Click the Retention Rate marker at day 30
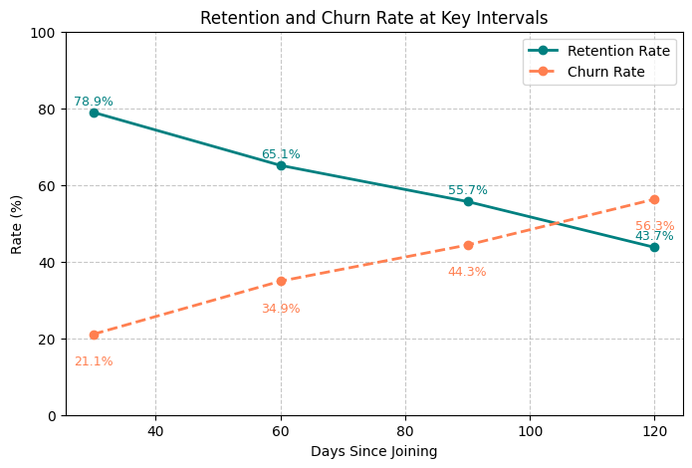point(94,113)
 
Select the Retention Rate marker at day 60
point(281,165)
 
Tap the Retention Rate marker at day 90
point(468,201)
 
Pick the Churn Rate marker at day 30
point(94,335)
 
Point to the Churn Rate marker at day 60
point(281,281)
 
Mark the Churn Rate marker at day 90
point(468,245)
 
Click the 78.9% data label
point(94,102)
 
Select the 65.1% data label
point(281,154)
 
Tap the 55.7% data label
point(468,190)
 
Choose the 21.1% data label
point(94,361)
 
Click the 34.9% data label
point(281,309)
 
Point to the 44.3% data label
point(467,272)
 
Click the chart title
point(373,18)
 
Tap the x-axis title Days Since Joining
point(373,451)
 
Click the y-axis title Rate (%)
point(17,224)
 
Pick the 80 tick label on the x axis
point(405,431)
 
